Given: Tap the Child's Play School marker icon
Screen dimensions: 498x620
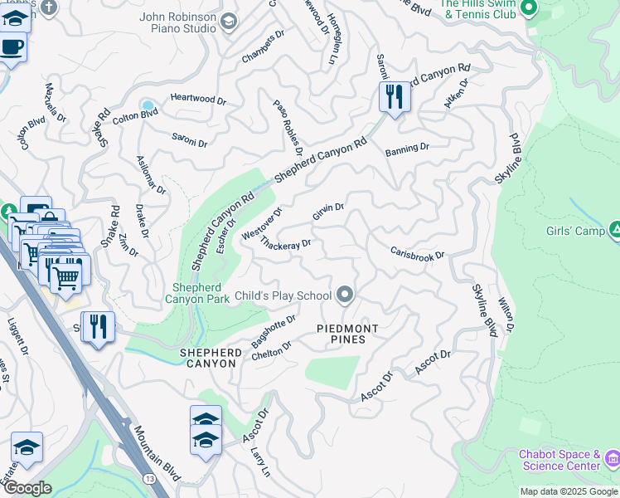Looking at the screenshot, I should (x=346, y=295).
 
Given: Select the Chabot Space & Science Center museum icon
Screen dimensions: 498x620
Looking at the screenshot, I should (x=613, y=459).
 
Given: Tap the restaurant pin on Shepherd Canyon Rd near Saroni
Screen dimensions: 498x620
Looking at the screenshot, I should (x=394, y=98).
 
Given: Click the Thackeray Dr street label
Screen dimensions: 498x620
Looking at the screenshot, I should (x=285, y=243).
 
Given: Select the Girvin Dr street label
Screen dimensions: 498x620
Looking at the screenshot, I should (x=328, y=212).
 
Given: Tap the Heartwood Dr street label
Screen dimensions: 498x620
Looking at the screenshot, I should (x=198, y=99).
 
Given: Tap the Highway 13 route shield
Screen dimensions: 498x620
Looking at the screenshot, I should (x=148, y=479).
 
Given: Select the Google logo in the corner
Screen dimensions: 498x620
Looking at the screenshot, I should (x=27, y=487).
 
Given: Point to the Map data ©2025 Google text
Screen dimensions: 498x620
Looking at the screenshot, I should (x=568, y=491).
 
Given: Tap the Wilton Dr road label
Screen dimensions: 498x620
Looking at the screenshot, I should (x=506, y=317).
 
